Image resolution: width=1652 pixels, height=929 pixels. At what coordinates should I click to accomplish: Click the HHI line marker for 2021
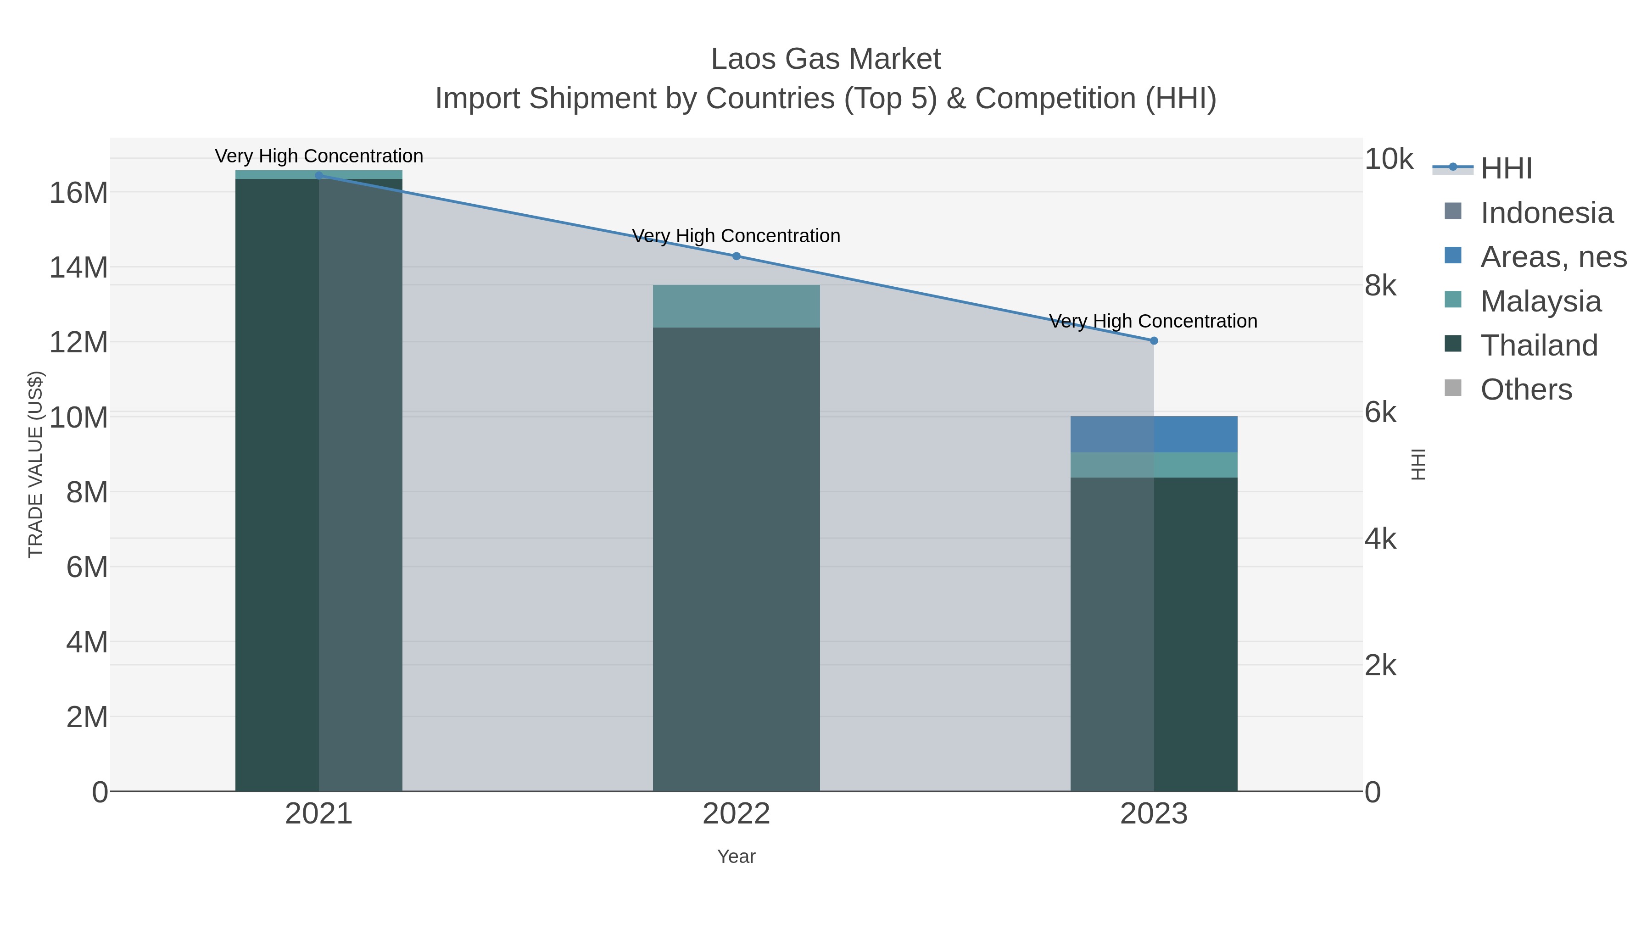point(319,175)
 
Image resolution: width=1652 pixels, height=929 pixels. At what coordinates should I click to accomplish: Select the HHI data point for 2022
point(736,256)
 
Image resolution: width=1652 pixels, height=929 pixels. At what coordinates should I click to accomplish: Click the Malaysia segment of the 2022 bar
point(736,306)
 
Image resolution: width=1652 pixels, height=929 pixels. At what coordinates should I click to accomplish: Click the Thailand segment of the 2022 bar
point(736,558)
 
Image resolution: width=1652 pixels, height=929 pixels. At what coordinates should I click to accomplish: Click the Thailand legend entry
point(1539,345)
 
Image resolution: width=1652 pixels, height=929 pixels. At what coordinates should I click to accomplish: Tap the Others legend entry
point(1526,389)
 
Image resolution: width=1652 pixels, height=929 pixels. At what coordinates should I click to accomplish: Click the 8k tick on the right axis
point(1380,286)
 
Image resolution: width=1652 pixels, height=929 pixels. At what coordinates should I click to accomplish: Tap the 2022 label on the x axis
point(736,813)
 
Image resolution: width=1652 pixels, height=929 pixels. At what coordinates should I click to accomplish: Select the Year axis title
point(736,857)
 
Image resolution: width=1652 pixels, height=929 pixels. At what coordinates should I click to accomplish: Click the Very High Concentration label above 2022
point(736,236)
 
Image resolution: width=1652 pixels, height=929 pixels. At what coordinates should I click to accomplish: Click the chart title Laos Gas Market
point(826,59)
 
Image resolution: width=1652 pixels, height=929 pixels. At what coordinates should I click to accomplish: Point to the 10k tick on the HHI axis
point(1389,159)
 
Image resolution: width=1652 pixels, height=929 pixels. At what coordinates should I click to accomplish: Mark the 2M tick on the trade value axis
point(87,717)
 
